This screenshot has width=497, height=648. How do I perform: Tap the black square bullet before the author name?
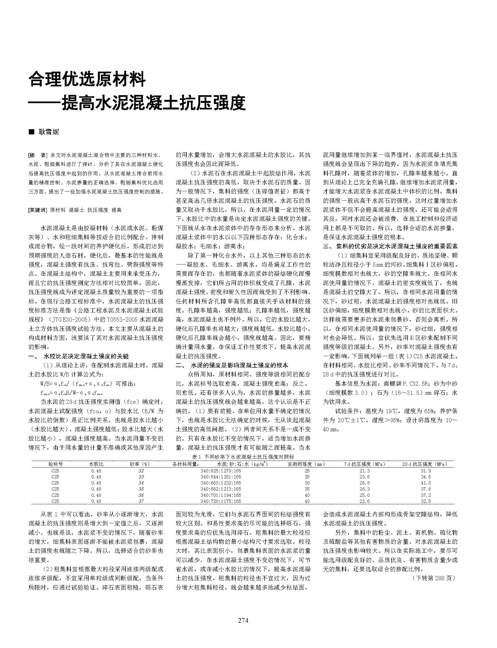click(x=31, y=132)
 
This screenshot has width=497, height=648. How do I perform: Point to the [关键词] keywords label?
click(x=38, y=210)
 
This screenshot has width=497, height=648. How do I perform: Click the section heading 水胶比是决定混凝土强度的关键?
click(x=86, y=356)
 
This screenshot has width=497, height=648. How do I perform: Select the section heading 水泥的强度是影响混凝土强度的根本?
click(x=240, y=365)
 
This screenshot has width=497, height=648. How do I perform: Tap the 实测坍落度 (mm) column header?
click(x=306, y=464)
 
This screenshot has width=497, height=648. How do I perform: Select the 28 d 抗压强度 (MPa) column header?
click(x=424, y=464)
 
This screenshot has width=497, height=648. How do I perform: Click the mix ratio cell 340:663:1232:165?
click(x=221, y=483)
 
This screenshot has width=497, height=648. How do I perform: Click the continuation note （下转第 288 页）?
click(x=434, y=578)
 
